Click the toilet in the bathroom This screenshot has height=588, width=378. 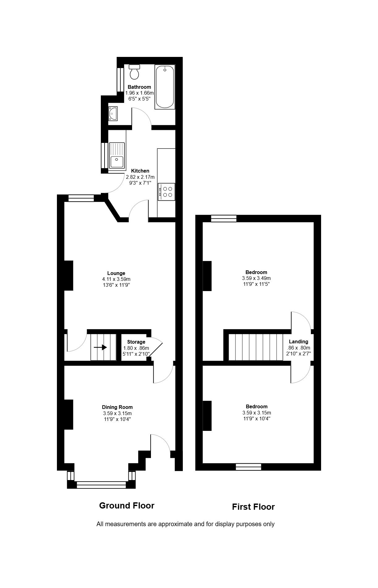tap(135, 72)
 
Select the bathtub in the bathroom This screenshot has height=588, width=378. tap(165, 87)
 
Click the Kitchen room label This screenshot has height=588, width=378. tap(140, 171)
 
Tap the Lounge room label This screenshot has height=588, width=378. tap(116, 273)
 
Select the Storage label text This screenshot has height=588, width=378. tap(136, 342)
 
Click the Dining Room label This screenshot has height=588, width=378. tap(117, 407)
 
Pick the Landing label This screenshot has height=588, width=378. tap(299, 341)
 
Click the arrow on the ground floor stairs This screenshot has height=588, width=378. tap(100, 347)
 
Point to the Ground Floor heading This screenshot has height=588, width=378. tap(127, 505)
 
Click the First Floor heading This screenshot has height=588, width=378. tap(253, 507)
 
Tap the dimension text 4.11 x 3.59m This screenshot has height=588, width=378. tap(116, 279)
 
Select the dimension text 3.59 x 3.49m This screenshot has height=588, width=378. tap(256, 278)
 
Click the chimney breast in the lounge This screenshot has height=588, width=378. tap(68, 276)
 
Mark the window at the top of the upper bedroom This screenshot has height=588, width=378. tap(224, 218)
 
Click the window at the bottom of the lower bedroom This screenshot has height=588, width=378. tap(248, 467)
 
